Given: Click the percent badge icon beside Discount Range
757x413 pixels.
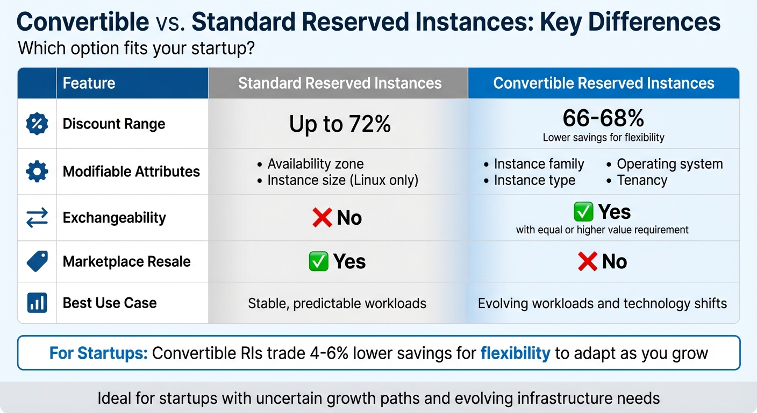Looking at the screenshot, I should [x=37, y=124].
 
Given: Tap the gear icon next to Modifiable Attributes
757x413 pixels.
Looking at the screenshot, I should [x=37, y=172].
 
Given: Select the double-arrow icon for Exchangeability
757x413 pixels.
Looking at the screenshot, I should [x=37, y=218].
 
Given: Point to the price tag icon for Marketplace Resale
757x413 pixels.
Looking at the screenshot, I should [x=37, y=261].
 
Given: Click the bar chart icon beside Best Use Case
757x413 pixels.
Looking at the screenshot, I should [x=37, y=303].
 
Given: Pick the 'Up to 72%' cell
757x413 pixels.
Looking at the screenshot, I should [x=340, y=125].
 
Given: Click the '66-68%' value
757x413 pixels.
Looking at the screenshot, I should [x=603, y=118].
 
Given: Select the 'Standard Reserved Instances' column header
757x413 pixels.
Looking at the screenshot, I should [x=340, y=83].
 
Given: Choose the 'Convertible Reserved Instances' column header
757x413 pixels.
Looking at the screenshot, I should [x=603, y=83].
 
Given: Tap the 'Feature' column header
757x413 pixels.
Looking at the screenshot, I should [x=89, y=83].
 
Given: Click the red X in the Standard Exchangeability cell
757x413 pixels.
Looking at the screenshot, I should [x=322, y=218].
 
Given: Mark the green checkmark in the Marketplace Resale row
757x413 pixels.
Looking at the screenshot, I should [x=318, y=262].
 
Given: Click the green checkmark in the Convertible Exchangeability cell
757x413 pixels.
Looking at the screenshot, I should [x=583, y=212].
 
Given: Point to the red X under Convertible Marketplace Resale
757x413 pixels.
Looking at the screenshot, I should [x=587, y=262].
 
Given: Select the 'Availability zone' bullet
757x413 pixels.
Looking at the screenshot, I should [x=315, y=164].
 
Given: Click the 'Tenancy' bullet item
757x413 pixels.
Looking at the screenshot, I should [x=642, y=180].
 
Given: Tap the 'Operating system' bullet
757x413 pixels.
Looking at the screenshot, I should [x=669, y=164].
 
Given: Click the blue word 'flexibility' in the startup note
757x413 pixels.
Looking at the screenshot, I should [x=515, y=353].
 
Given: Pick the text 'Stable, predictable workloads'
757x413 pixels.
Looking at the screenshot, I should [x=337, y=303].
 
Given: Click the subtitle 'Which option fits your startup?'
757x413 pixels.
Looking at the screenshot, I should [x=136, y=48].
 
